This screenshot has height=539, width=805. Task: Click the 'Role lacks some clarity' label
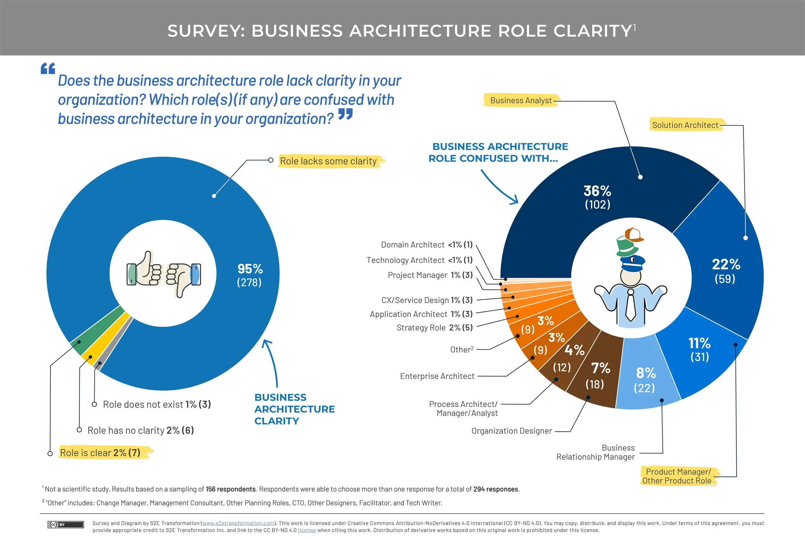tap(328, 161)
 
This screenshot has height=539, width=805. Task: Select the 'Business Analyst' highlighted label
tap(521, 101)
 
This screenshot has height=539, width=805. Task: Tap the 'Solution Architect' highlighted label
tap(685, 125)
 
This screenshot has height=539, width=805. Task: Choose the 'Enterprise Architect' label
tap(437, 376)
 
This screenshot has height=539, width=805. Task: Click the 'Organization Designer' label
tap(511, 431)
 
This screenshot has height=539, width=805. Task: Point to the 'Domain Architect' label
tap(412, 245)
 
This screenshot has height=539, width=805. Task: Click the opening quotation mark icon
tap(48, 68)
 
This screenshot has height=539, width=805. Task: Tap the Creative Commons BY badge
tap(66, 525)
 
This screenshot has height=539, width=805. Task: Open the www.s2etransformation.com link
tap(238, 523)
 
